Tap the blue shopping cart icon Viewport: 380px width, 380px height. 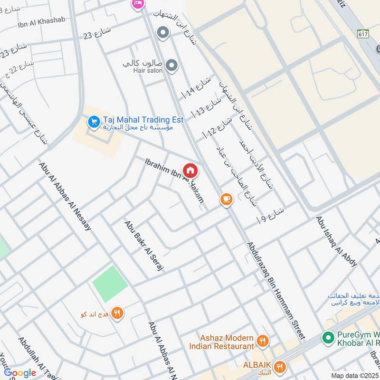tap(93, 122)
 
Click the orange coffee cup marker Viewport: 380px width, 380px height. tap(227, 199)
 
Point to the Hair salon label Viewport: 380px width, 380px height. tap(148, 70)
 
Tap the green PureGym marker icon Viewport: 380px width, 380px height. tap(327, 338)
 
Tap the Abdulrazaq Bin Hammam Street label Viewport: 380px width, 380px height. tap(275, 290)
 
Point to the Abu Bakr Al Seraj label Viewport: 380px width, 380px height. tap(144, 245)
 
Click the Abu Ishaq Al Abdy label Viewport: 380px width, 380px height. tap(336, 241)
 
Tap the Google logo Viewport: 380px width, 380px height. tap(20, 373)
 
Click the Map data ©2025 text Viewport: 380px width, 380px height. tap(354, 375)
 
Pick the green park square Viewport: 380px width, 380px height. tap(110, 284)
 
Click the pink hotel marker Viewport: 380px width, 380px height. tap(137, 3)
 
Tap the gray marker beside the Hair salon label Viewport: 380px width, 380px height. tap(171, 66)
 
